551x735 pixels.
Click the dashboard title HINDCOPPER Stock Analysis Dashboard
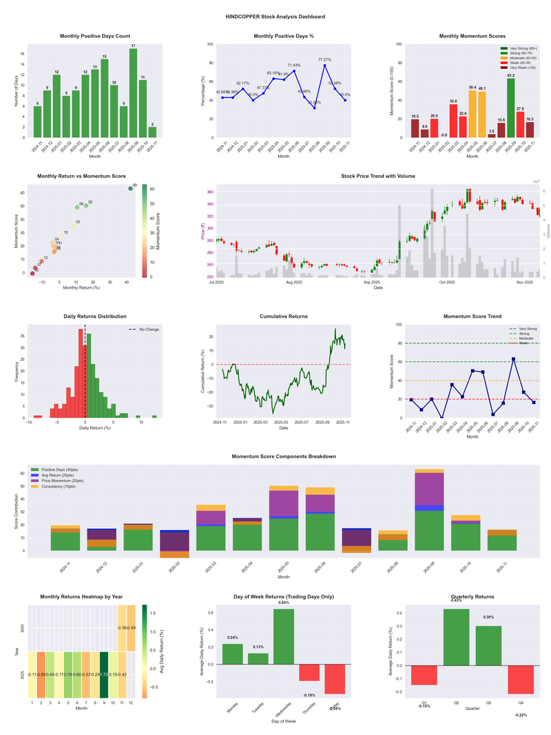pyautogui.click(x=275, y=17)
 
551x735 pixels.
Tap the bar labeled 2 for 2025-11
pyautogui.click(x=152, y=132)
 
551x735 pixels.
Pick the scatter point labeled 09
pyautogui.click(x=130, y=188)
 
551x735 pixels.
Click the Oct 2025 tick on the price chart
pyautogui.click(x=447, y=282)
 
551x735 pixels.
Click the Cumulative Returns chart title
pyautogui.click(x=284, y=316)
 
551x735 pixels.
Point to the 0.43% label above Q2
pyautogui.click(x=456, y=601)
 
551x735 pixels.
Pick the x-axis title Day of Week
pyautogui.click(x=284, y=722)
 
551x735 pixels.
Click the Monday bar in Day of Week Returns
pyautogui.click(x=232, y=654)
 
